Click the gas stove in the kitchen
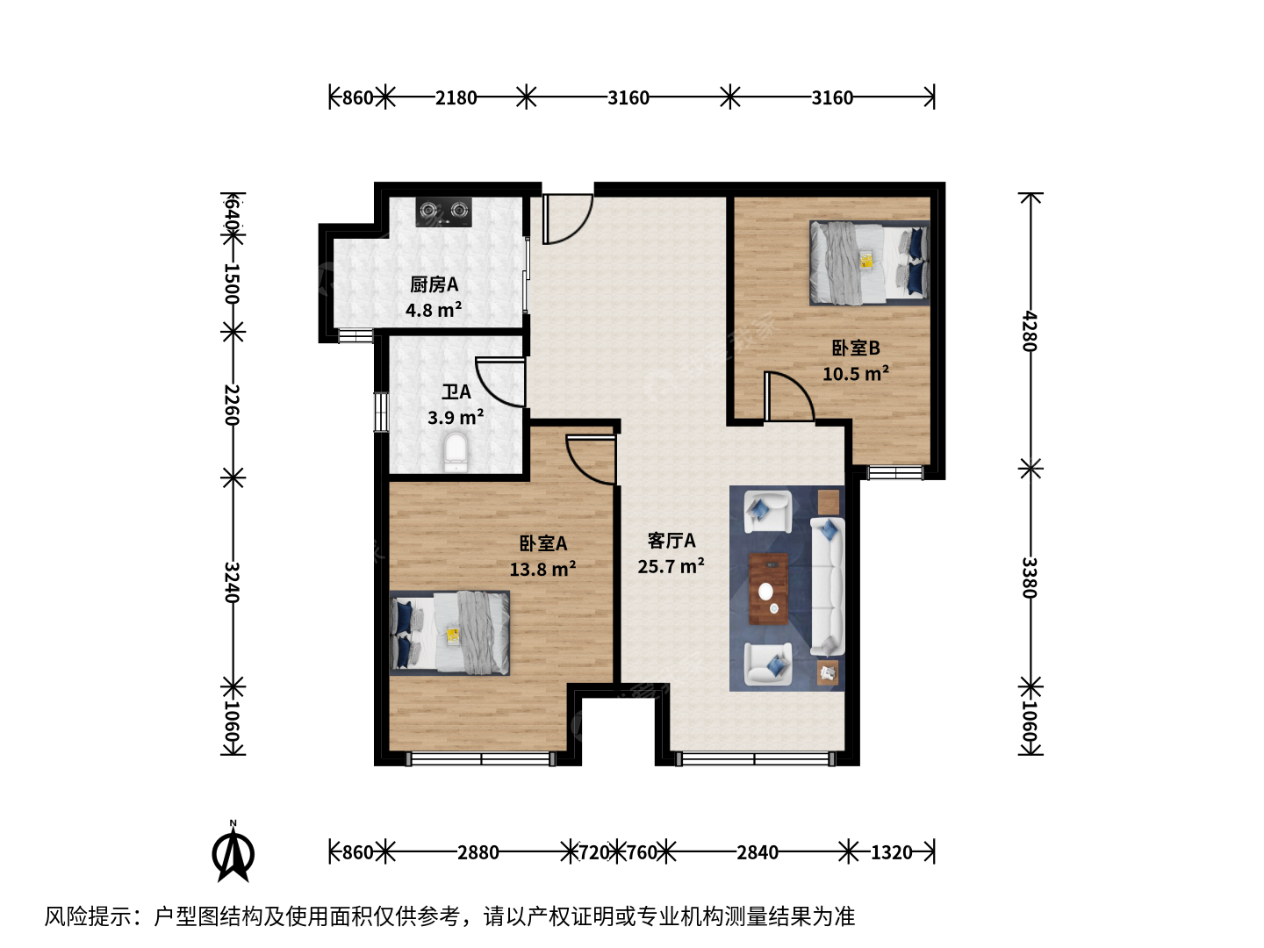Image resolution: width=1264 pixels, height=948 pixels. pos(443,212)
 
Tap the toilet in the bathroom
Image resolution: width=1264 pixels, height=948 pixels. pos(456,453)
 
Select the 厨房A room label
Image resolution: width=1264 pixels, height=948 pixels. pos(434,284)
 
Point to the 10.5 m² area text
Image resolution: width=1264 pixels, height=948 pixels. pos(855,374)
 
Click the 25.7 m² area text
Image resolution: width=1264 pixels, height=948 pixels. pos(671,566)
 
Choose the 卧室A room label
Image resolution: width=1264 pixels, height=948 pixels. pos(543,542)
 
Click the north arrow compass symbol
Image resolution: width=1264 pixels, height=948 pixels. pos(233,852)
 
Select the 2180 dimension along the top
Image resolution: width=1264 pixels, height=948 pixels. pos(456,97)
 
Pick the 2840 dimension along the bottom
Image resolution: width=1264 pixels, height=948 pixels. pos(758,852)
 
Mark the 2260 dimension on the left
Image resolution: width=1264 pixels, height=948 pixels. pos(232,405)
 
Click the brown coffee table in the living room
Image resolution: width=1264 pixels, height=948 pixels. pos(768,589)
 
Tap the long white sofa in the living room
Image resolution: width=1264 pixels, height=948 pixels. pos(828,586)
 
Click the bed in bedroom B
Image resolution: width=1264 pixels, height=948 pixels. pos(869,263)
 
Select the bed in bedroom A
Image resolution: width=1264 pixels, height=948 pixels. pos(449,633)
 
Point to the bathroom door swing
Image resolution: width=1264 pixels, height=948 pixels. pos(499,382)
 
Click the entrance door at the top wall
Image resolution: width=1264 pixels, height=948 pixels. pos(568,219)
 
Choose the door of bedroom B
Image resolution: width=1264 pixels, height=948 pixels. pos(789,397)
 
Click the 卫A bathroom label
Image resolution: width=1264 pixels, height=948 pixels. pos(456,392)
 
